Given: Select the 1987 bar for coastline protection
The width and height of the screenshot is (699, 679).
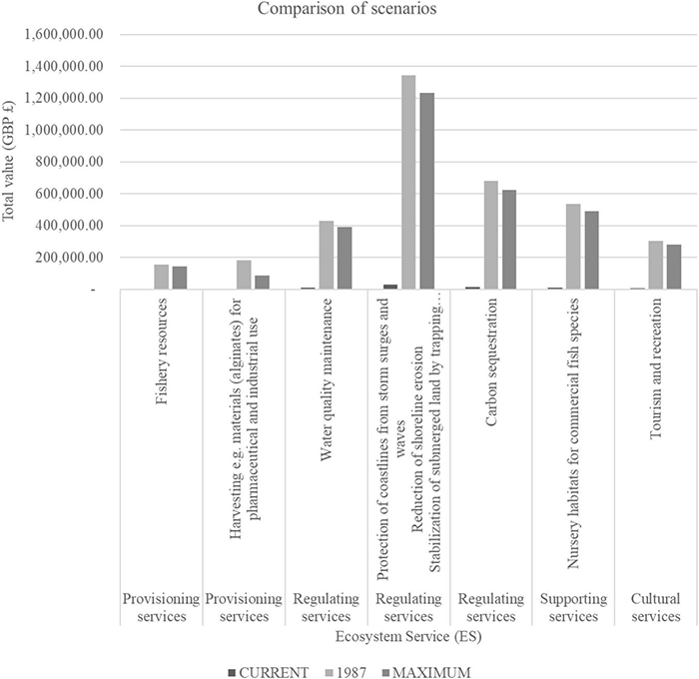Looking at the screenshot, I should point(409,182).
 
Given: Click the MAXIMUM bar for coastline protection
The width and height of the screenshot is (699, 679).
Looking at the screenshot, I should point(427,191).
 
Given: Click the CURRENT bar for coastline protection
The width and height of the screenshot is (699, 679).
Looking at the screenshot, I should point(390,287).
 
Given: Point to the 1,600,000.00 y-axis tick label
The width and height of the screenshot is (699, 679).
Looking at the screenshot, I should point(68,35).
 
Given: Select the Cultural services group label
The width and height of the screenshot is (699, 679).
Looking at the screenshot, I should point(656,607).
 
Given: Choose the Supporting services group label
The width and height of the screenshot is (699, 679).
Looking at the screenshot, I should point(573,607).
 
